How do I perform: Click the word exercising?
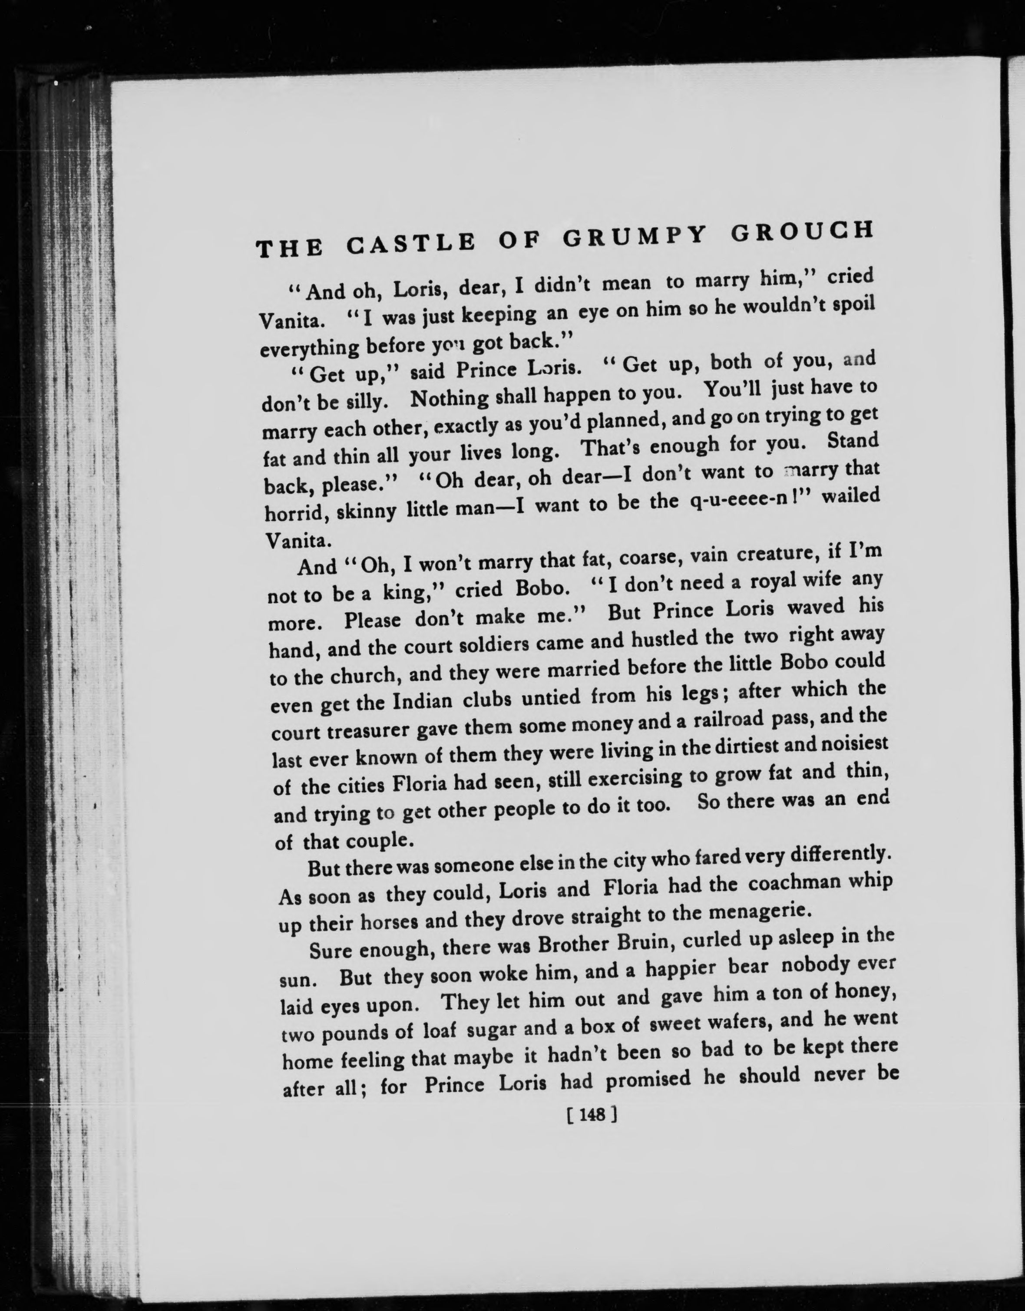tap(636, 779)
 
